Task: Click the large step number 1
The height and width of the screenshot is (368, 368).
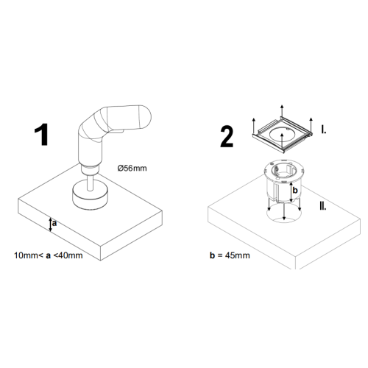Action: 42,135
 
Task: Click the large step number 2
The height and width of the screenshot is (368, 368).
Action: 227,138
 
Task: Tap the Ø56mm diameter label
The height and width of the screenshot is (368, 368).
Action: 132,169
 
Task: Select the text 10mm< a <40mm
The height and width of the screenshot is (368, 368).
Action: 49,255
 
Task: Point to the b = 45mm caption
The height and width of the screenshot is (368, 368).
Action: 230,255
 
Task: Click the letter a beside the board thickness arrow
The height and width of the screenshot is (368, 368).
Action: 54,223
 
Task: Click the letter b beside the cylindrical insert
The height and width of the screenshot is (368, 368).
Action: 295,190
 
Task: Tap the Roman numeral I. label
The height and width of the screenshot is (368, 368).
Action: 324,130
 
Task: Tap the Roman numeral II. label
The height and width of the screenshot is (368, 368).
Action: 323,206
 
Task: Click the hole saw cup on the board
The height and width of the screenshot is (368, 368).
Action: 90,194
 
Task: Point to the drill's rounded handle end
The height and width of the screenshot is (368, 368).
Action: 145,117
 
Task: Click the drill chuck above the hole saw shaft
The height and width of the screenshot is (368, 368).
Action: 90,169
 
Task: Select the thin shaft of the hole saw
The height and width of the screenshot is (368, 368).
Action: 90,182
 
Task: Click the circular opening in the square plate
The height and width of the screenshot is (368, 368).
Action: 282,134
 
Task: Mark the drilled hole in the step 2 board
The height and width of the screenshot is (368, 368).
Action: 284,215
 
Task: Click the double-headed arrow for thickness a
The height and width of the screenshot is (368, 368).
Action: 50,224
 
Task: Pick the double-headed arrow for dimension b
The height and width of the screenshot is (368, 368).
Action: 291,192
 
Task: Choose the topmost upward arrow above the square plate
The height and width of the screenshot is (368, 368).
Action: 282,111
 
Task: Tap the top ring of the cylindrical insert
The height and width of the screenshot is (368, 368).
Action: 284,171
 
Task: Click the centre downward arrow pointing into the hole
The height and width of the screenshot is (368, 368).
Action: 284,211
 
